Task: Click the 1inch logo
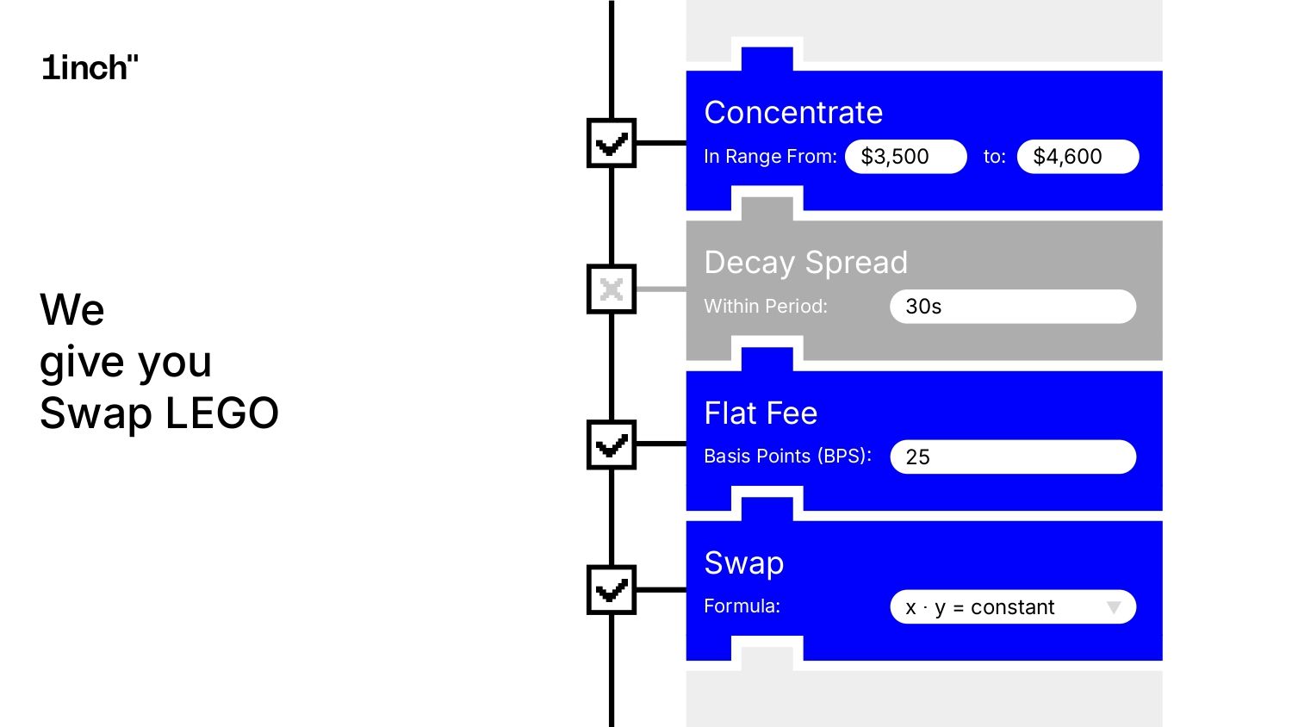(90, 68)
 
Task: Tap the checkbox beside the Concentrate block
(612, 143)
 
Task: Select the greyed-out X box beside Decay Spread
(612, 289)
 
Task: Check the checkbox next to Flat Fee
(612, 444)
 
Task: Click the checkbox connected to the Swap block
(612, 590)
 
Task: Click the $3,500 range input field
(905, 157)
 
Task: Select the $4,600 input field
(1078, 157)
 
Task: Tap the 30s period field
(1012, 307)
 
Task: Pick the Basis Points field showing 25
(1012, 457)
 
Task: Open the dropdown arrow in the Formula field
(1114, 607)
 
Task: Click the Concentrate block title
(793, 113)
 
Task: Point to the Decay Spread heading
(805, 263)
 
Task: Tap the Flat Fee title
(761, 413)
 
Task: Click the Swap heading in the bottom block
(743, 563)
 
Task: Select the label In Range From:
(770, 157)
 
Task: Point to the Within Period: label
(765, 307)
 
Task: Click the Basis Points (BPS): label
(787, 457)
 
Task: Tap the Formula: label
(742, 606)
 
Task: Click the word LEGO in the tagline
(221, 413)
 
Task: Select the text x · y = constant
(979, 608)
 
